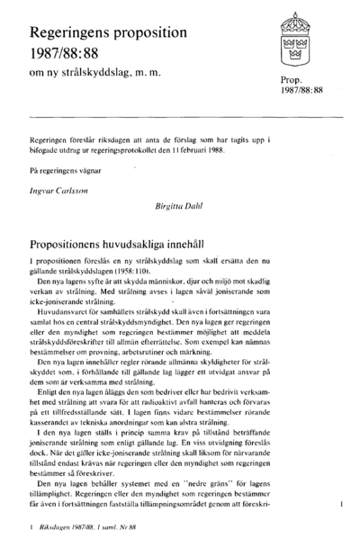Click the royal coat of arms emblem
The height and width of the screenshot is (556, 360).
click(x=295, y=37)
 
